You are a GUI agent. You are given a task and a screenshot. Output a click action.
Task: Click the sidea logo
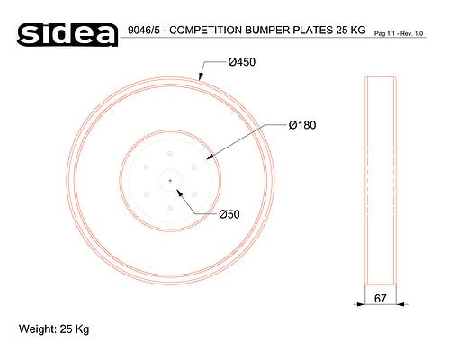click(67, 34)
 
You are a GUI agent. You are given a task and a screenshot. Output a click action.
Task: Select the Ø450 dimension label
click(242, 62)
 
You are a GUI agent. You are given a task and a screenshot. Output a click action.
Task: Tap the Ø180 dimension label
click(302, 125)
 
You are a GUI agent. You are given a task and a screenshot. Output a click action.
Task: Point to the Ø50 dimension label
click(229, 214)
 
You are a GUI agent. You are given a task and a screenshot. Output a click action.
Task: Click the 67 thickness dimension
click(381, 299)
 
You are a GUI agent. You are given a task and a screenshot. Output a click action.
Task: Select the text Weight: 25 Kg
click(54, 329)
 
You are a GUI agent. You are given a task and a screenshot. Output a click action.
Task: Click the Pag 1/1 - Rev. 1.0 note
click(399, 34)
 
